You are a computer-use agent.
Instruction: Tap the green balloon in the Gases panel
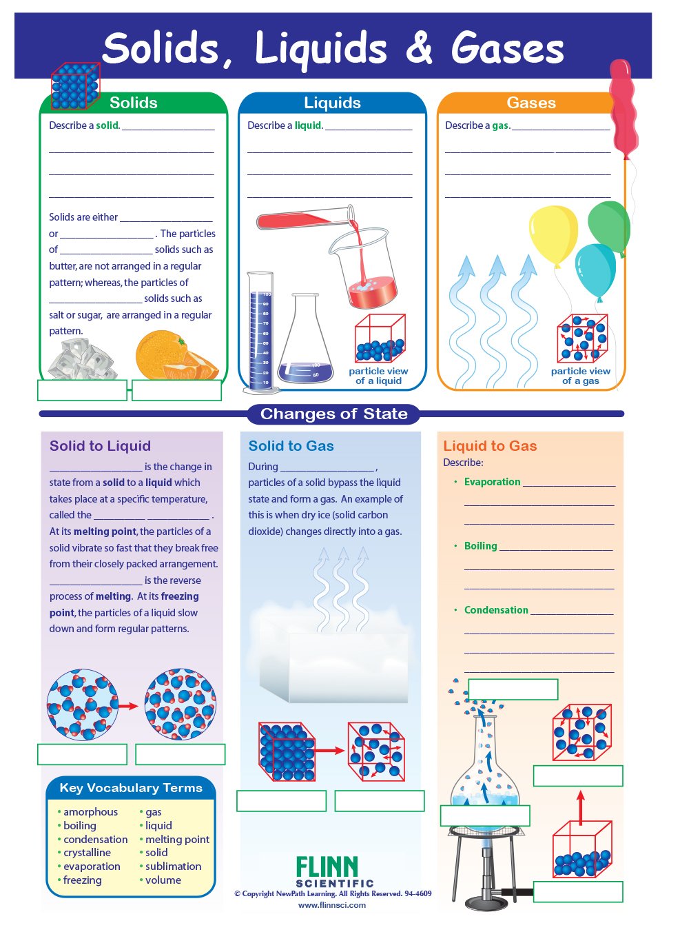[x=608, y=225]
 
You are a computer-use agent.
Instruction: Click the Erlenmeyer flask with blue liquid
[x=305, y=342]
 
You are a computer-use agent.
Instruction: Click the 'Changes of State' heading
[x=333, y=414]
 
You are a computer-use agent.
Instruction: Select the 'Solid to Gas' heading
[x=291, y=446]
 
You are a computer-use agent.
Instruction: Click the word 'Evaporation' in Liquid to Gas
[x=492, y=482]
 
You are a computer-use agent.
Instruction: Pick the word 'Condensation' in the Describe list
[x=496, y=610]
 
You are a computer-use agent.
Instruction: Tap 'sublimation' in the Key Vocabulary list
[x=173, y=867]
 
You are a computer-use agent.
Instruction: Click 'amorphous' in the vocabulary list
[x=90, y=812]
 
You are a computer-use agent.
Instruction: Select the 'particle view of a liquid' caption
[x=378, y=376]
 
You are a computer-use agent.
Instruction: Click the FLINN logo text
[x=327, y=867]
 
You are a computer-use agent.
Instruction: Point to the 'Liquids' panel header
[x=332, y=103]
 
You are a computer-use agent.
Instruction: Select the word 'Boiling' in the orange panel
[x=480, y=546]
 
